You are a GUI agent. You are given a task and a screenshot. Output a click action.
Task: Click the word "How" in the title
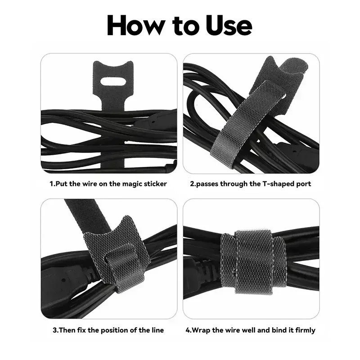pos(136,26)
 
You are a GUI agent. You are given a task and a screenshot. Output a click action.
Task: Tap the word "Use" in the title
pos(229,26)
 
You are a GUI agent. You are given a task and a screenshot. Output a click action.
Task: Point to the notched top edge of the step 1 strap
pos(113,64)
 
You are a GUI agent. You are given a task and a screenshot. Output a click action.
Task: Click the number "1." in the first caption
pos(53,184)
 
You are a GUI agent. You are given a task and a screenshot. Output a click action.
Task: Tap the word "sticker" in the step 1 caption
pos(156,184)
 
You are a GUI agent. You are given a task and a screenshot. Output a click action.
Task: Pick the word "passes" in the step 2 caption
pos(207,184)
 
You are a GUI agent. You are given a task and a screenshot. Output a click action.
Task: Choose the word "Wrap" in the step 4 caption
pos(202,330)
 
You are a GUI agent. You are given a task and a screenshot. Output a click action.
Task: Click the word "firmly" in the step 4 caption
pos(306,330)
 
